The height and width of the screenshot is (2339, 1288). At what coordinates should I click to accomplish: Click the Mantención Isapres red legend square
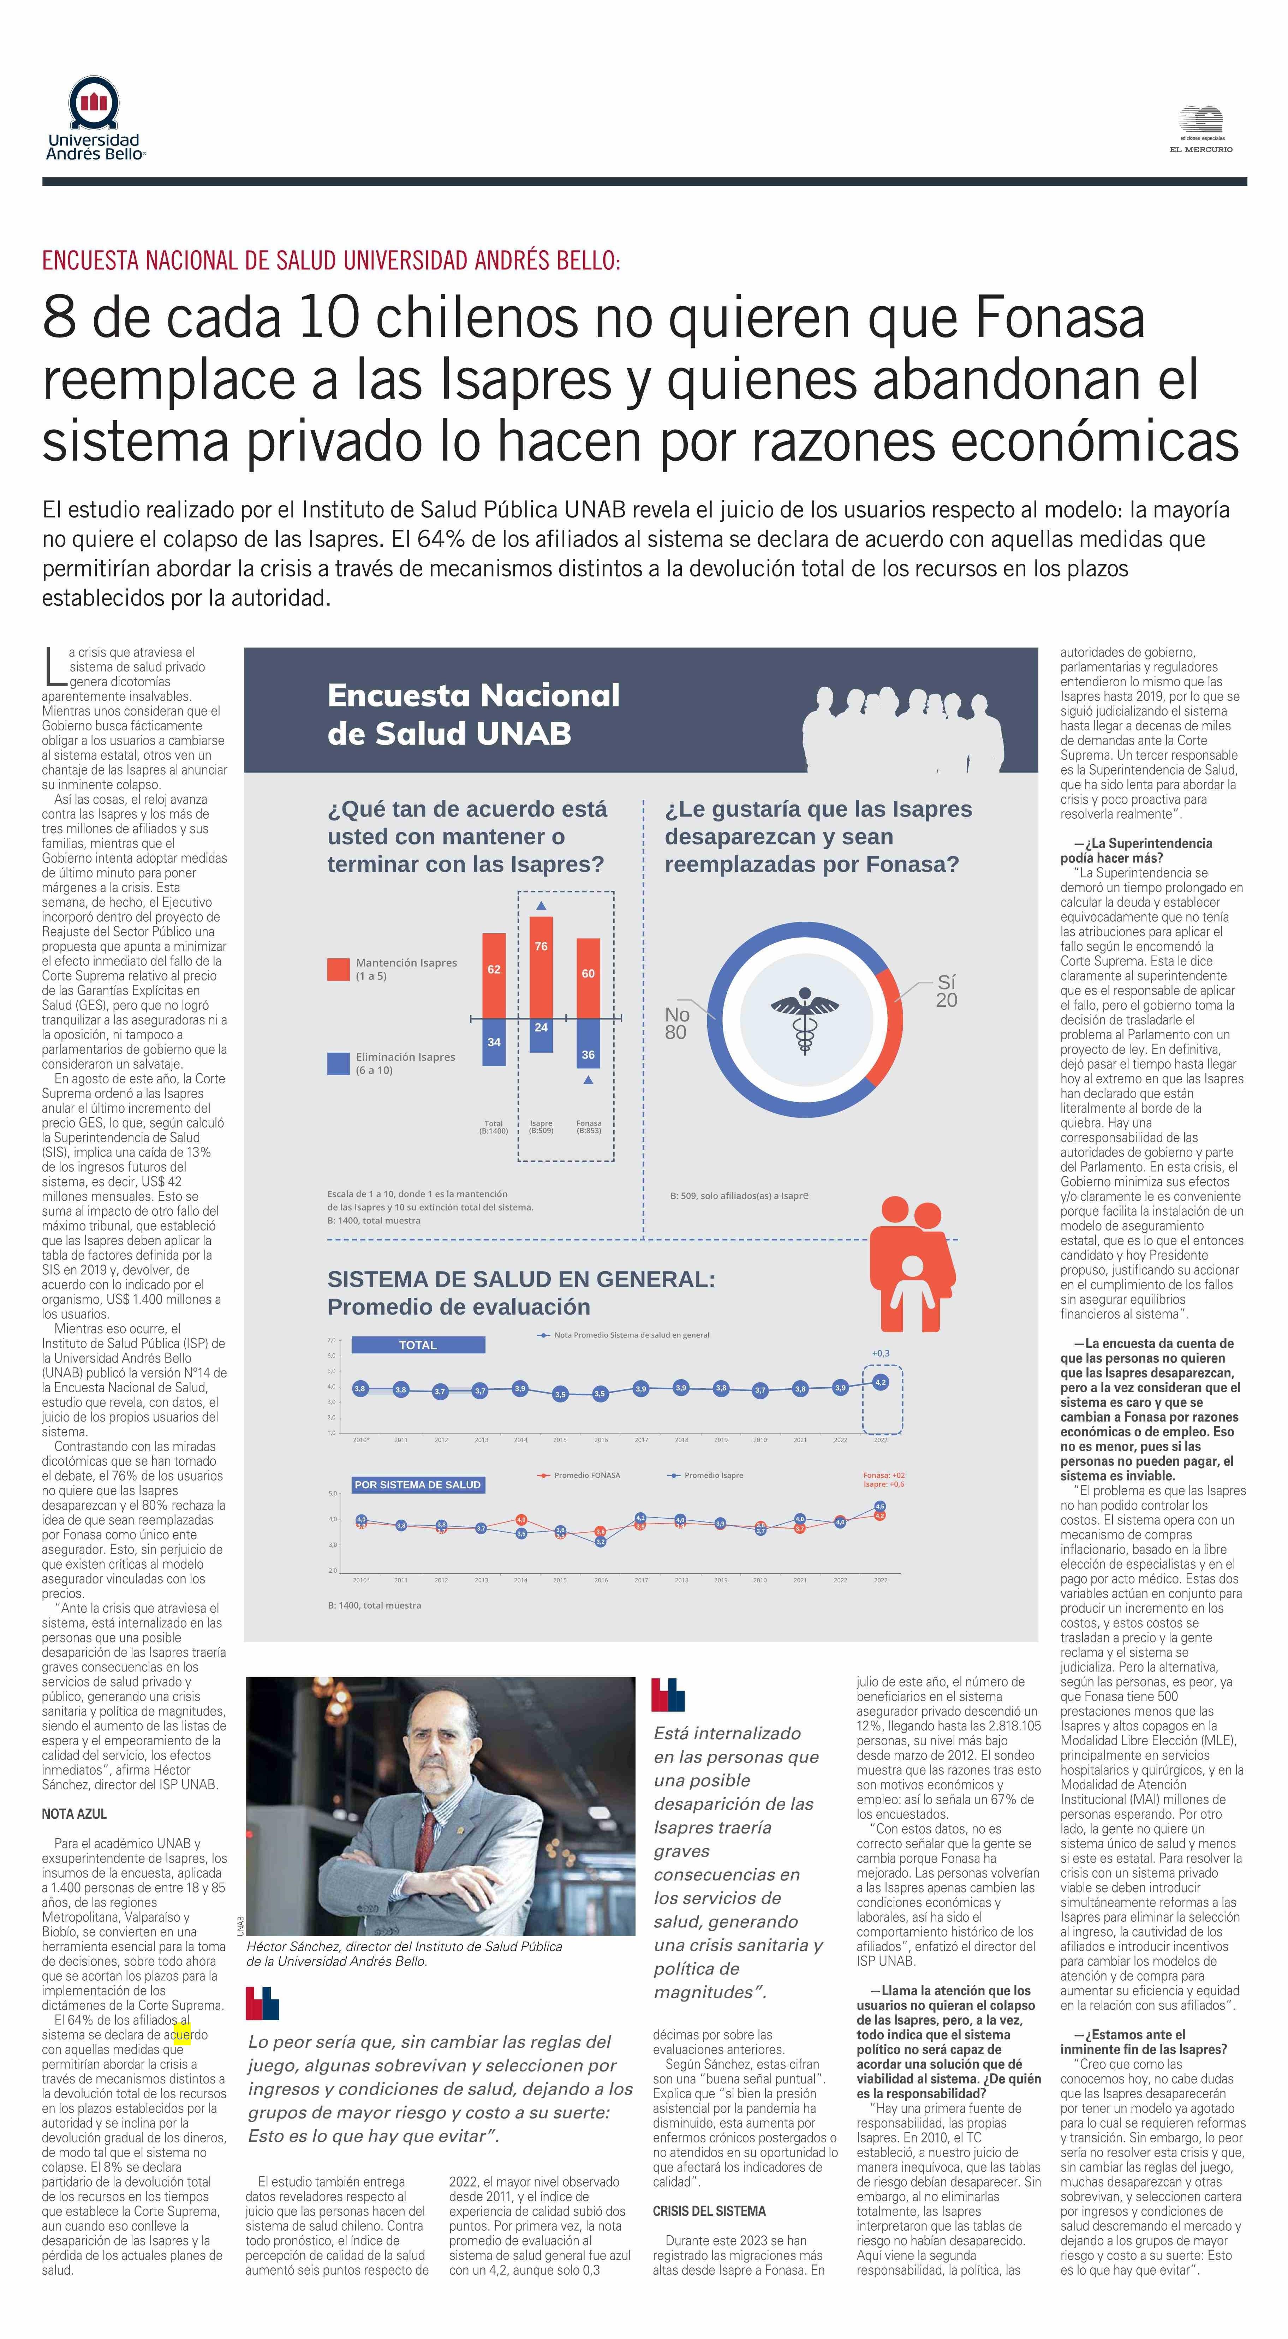[338, 969]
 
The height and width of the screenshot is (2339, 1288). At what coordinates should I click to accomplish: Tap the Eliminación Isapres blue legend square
[338, 1063]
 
